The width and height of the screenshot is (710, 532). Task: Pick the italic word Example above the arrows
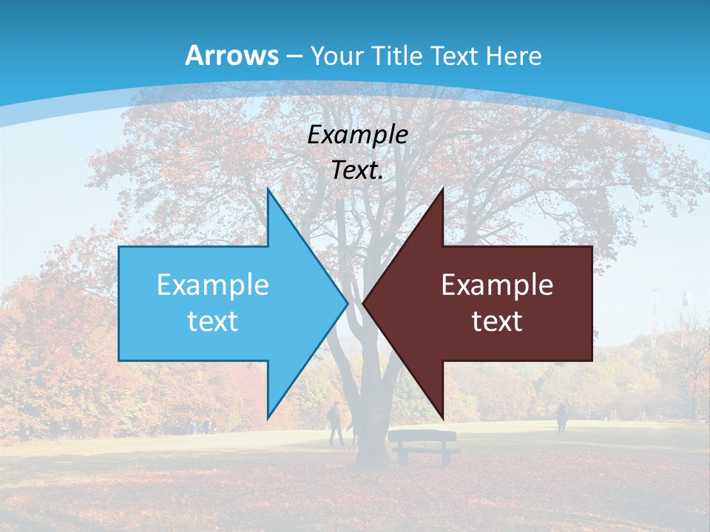coord(357,134)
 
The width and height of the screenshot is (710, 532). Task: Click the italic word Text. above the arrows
coord(357,170)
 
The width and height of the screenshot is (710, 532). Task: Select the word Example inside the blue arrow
coord(212,284)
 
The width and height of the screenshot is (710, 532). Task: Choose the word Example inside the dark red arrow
coord(497,284)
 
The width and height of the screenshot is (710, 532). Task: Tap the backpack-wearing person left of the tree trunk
coord(335,423)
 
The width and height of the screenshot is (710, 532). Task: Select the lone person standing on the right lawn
coord(561,417)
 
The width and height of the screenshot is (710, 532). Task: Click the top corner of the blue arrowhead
coord(268,190)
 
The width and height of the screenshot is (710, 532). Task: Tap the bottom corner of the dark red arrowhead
coord(442,418)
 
